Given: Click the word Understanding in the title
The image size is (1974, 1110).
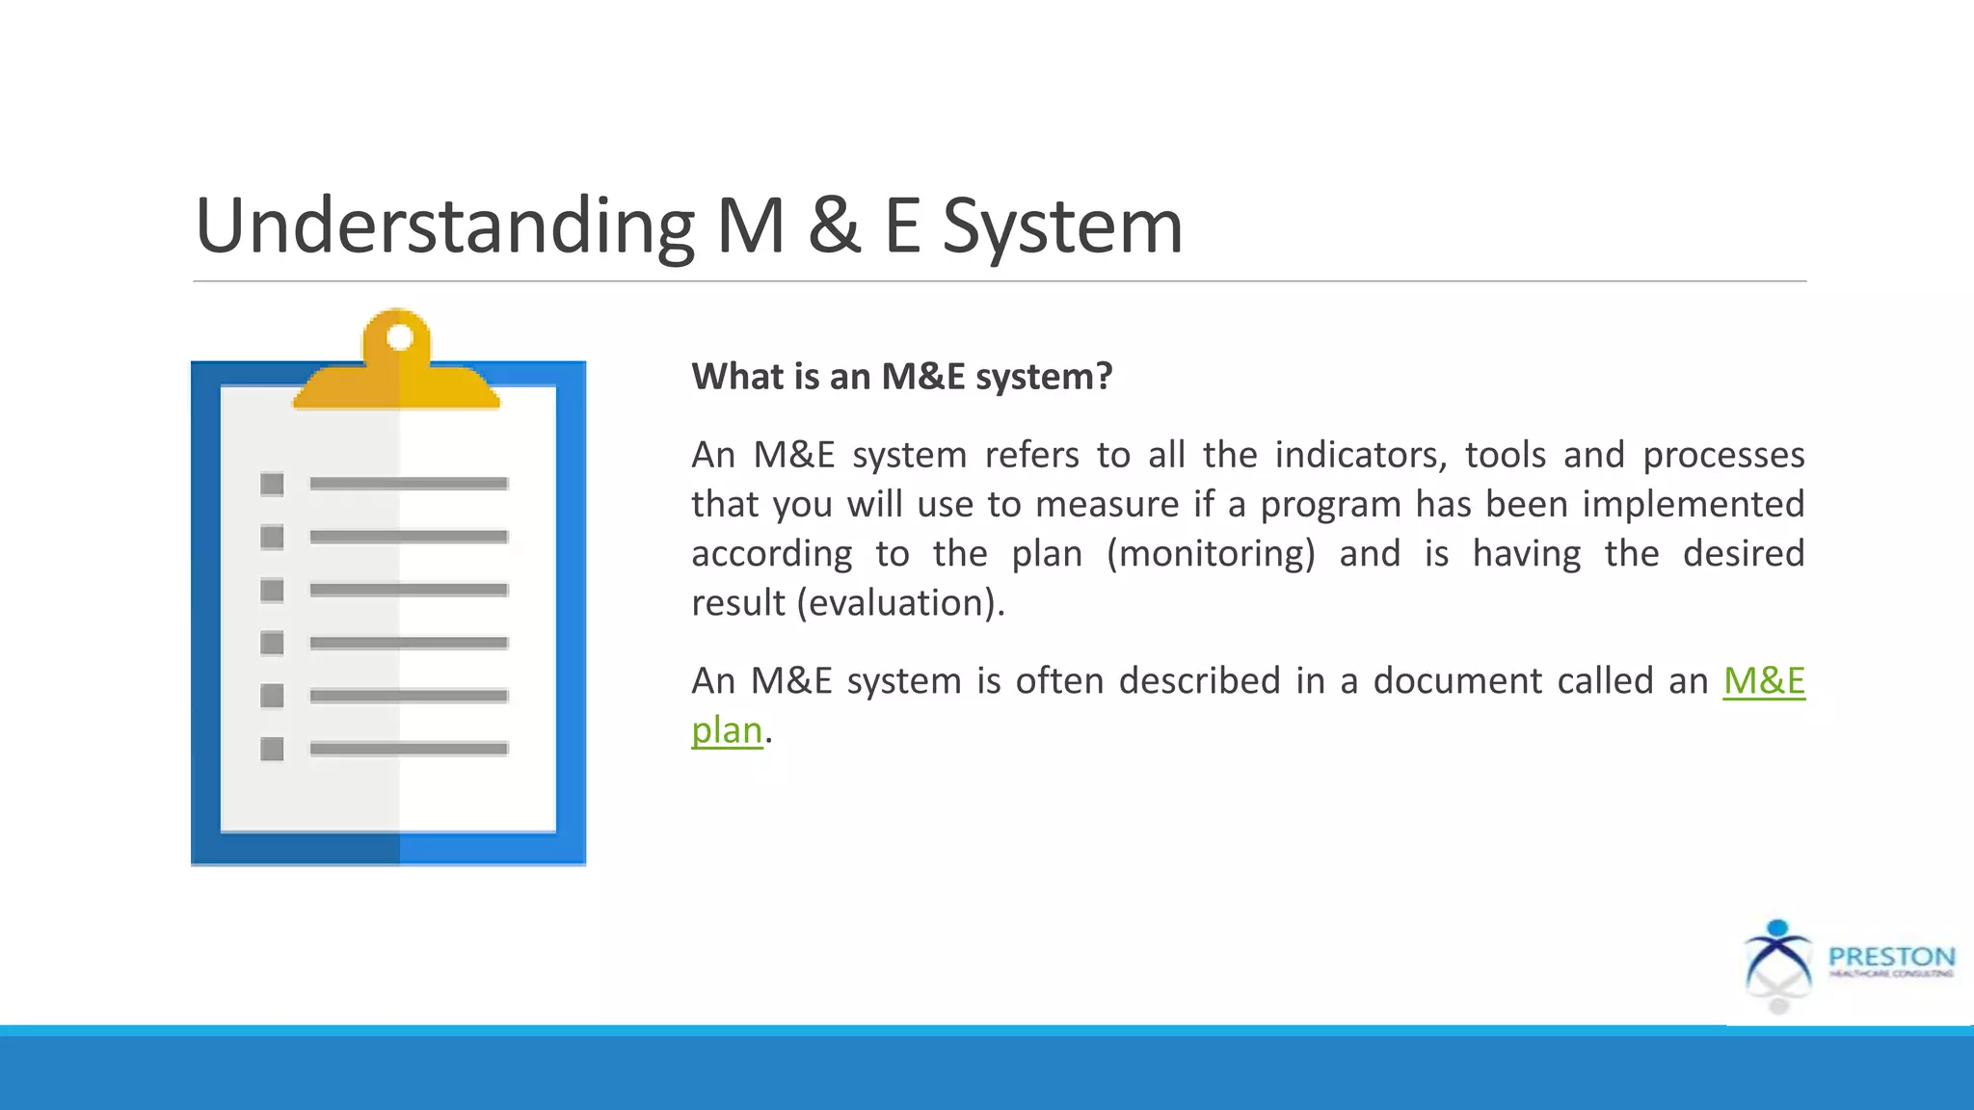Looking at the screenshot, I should pos(444,226).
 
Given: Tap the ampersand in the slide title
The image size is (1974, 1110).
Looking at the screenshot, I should pos(835,226).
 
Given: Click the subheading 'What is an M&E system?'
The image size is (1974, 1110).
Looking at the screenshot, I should pos(902,376).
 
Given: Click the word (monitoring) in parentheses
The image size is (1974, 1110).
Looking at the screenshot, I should pos(1211,554).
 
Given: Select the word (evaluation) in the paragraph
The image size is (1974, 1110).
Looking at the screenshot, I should pos(900,603).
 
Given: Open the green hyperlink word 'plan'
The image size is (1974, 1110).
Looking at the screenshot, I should pos(727,730).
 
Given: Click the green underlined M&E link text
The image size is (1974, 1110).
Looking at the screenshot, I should pos(1764,681).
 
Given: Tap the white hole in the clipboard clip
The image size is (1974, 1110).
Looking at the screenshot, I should pos(399,338).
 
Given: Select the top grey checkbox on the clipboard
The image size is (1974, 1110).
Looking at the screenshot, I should pos(272,484).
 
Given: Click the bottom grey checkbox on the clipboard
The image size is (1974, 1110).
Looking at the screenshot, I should pos(272,749).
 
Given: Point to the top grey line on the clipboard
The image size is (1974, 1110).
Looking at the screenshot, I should pos(409,484).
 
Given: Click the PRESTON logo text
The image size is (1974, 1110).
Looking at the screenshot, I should pos(1891,957).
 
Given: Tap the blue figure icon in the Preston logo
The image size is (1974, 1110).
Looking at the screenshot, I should pos(1778,953).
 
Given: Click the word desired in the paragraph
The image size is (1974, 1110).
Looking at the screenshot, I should pos(1744,554).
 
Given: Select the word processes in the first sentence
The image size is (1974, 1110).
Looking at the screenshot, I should pos(1723,455).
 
